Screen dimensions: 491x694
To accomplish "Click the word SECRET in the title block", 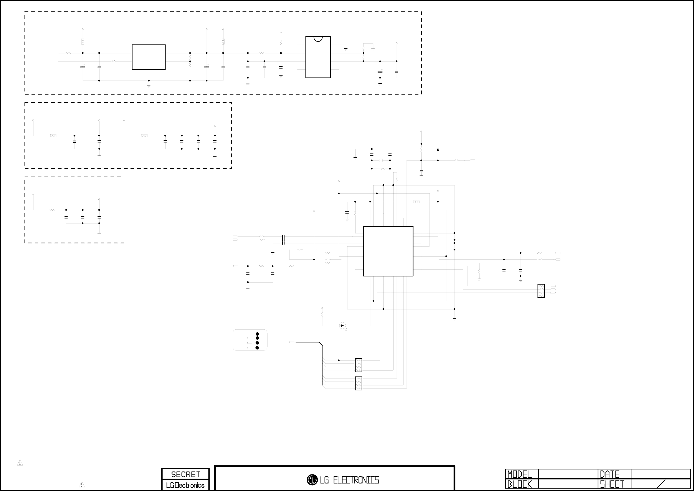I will (x=185, y=474).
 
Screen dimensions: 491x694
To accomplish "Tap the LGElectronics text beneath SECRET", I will (x=185, y=485).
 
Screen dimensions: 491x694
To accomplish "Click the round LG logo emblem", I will (x=312, y=480).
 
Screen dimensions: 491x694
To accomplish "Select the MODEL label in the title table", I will (x=519, y=474).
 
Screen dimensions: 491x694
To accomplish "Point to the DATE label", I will (x=610, y=474).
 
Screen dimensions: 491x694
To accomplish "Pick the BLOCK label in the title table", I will (x=519, y=484).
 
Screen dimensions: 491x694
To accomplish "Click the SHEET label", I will (x=612, y=484).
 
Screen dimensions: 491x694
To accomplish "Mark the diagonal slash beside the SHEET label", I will (x=661, y=484).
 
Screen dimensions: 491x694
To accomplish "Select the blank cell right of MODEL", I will (x=568, y=474).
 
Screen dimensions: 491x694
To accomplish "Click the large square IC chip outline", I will (x=388, y=251).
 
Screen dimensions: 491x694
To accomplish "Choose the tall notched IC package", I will (x=318, y=57).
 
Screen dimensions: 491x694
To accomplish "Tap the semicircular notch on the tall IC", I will (x=318, y=38).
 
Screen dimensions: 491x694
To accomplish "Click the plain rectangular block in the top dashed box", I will (x=148, y=57).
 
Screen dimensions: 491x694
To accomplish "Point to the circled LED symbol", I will (x=342, y=326).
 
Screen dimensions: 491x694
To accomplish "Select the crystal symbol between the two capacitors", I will (x=381, y=160).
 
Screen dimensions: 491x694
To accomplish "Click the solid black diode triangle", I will (x=438, y=150).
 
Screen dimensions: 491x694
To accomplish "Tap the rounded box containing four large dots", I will (x=250, y=340).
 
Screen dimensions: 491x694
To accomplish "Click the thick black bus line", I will (x=322, y=363).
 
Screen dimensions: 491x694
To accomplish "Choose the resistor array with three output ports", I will (x=541, y=291).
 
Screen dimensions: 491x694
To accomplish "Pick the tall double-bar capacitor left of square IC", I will (x=283, y=239).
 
